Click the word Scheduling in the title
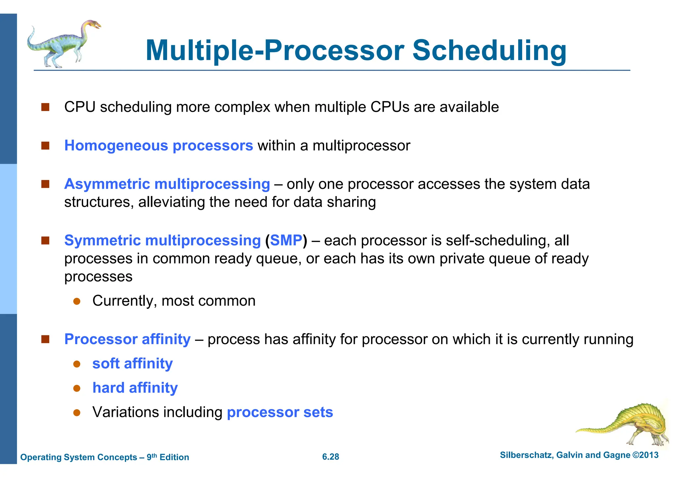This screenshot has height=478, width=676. [490, 51]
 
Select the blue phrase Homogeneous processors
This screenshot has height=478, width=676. [158, 146]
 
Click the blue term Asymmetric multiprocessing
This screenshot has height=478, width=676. [167, 184]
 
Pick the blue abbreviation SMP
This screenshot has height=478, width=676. [286, 240]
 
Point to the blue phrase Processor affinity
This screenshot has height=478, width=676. [127, 339]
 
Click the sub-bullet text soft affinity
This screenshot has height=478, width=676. [132, 363]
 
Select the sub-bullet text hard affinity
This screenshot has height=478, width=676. [135, 388]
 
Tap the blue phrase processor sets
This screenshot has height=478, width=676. [280, 412]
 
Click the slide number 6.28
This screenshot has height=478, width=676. [330, 457]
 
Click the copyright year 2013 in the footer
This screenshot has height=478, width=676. [649, 455]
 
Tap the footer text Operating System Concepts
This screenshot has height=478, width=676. [79, 457]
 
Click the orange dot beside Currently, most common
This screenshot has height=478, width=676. [77, 301]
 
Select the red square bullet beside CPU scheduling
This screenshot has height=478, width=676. [45, 107]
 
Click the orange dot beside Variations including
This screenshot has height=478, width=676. [77, 412]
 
